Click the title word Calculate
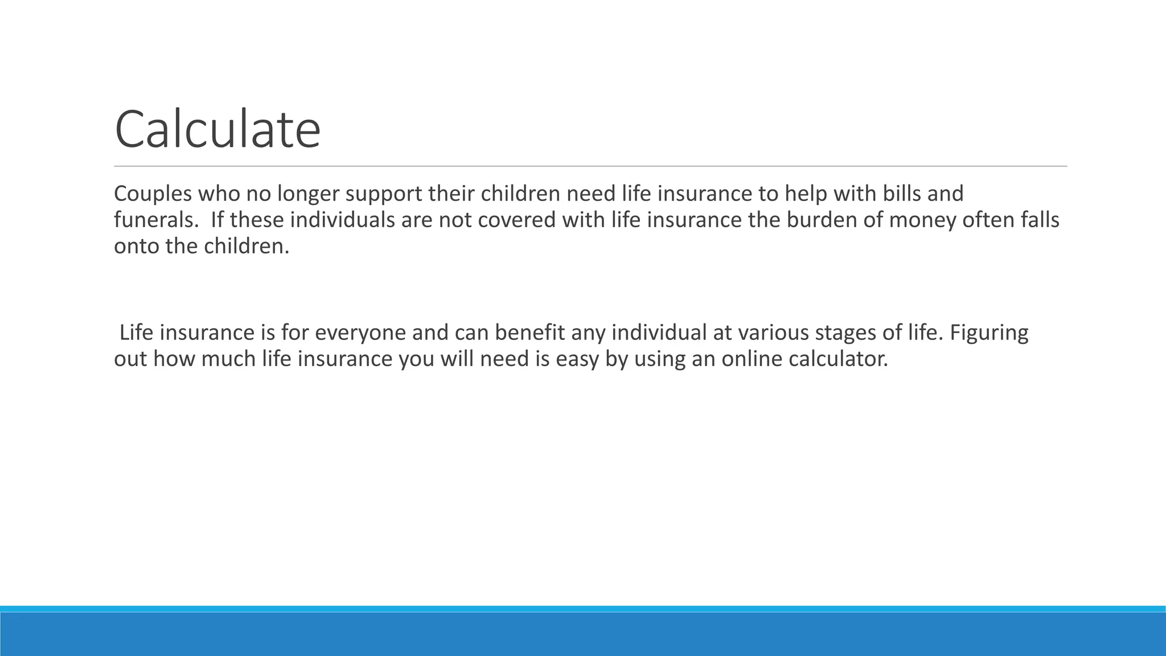(217, 130)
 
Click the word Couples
(153, 194)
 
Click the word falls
(1039, 220)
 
